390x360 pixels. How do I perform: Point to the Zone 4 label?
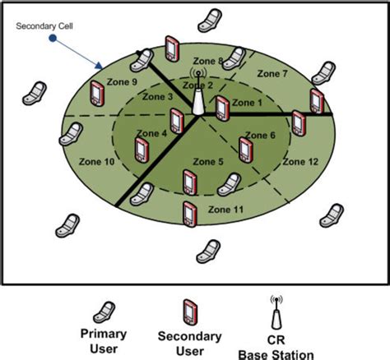tap(151, 133)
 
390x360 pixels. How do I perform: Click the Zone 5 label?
tap(207, 161)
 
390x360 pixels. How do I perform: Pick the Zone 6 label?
tap(272, 136)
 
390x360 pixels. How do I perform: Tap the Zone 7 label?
tap(273, 74)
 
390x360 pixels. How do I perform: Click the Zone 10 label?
tap(98, 162)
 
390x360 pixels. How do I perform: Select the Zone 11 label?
tap(227, 210)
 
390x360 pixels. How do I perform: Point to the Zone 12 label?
tap(299, 162)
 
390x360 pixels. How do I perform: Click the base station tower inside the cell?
tap(197, 101)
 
